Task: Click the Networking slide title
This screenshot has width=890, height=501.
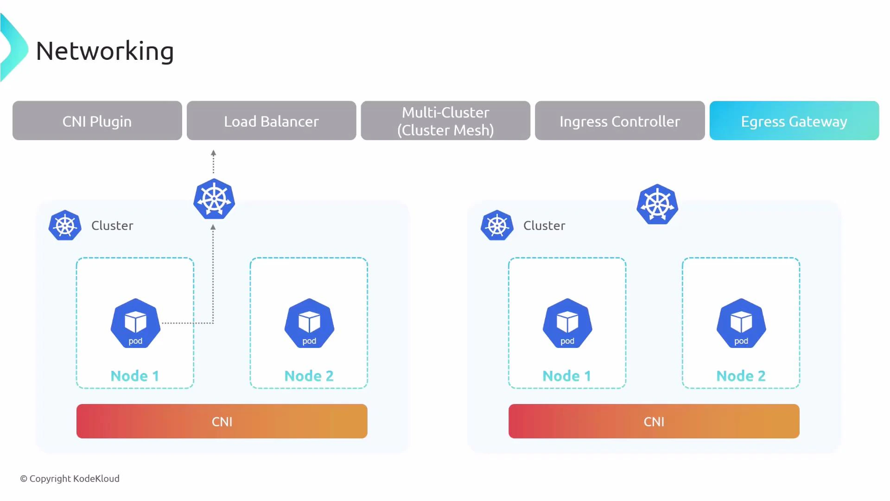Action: click(x=105, y=51)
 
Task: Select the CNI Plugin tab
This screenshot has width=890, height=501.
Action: click(x=97, y=121)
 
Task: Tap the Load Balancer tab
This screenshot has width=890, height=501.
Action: click(x=271, y=121)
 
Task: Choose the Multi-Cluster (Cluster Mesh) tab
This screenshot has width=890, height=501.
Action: click(x=445, y=121)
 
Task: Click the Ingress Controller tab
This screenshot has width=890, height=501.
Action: click(x=620, y=121)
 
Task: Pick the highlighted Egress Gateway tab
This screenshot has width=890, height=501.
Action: click(x=794, y=121)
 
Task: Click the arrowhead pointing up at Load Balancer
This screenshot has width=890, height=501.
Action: click(x=213, y=153)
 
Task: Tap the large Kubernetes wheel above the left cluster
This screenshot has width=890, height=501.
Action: click(x=214, y=199)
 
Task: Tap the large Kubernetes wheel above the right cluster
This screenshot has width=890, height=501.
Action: click(x=657, y=205)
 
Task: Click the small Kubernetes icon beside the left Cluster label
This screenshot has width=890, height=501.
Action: click(x=65, y=225)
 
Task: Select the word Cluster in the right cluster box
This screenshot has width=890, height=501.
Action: click(x=544, y=225)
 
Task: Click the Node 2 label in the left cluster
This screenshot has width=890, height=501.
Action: click(x=309, y=376)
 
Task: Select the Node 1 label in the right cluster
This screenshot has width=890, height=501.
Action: click(x=567, y=376)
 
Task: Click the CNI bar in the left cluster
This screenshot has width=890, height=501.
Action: click(x=222, y=421)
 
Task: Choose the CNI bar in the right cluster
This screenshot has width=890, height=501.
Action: click(x=654, y=421)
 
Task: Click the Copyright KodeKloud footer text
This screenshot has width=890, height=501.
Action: click(x=70, y=478)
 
